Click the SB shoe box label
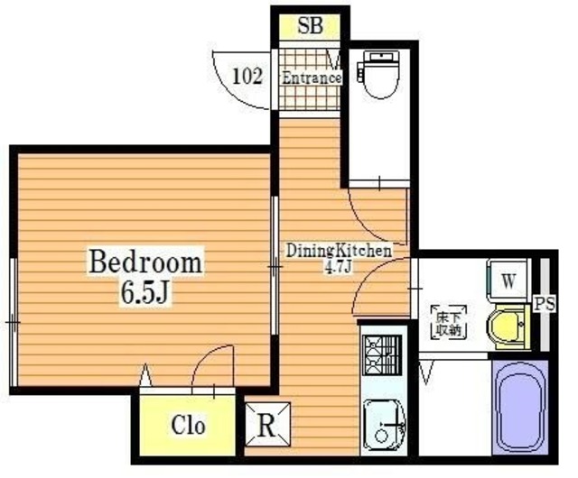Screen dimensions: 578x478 [310, 26]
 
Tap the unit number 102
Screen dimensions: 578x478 [247, 77]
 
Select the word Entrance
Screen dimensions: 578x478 [311, 78]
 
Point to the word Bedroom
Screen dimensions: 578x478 [145, 262]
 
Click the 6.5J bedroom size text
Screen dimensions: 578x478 [144, 293]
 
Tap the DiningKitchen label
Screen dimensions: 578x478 [339, 251]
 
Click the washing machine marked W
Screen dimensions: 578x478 [508, 280]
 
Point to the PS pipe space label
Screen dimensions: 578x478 [545, 304]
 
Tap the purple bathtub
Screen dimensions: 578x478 [520, 407]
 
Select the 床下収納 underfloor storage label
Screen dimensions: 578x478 [449, 323]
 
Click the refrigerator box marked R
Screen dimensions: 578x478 [268, 424]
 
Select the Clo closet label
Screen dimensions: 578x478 [188, 425]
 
